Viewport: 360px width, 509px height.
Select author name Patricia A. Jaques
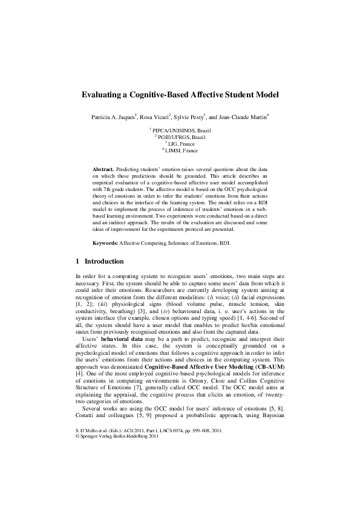pyautogui.click(x=113, y=116)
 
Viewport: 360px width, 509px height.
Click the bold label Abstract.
pyautogui.click(x=103, y=165)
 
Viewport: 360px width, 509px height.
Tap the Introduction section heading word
pyautogui.click(x=105, y=261)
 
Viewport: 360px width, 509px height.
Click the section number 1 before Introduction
pyautogui.click(x=77, y=261)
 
